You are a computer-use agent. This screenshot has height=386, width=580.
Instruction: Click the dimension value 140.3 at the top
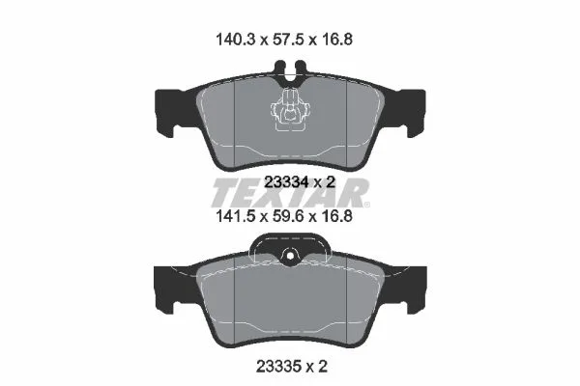[236, 40]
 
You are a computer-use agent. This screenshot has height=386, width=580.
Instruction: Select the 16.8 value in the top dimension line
[336, 40]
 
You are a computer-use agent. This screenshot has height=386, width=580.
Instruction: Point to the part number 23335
[277, 367]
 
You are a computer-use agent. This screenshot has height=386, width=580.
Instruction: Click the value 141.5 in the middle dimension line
[236, 216]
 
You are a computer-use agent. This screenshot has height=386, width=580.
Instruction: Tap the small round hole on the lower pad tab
[290, 256]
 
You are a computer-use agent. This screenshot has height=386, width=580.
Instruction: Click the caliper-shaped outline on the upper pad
[291, 110]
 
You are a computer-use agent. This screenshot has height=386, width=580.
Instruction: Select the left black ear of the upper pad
[171, 111]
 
